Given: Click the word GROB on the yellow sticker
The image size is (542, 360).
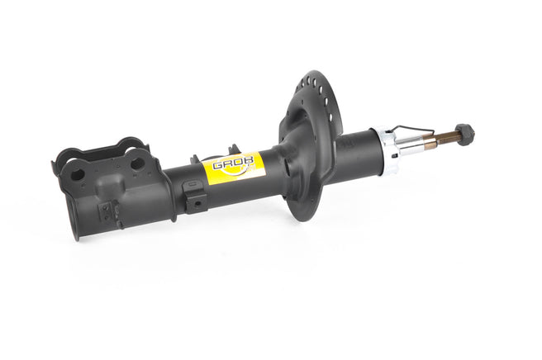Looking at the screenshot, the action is click(233, 163).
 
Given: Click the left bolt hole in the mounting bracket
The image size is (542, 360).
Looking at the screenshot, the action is click(77, 174).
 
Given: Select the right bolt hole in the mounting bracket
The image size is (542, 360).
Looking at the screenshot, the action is click(138, 163).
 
